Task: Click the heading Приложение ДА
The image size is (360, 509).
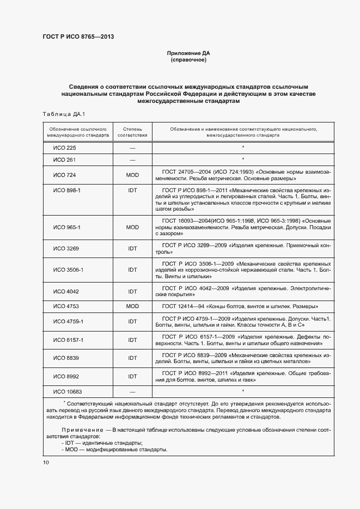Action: [188, 53]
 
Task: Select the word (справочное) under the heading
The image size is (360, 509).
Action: [188, 60]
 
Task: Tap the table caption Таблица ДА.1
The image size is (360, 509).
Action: [60, 113]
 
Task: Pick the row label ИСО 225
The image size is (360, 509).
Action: [64, 148]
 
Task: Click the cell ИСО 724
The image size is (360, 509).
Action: [64, 175]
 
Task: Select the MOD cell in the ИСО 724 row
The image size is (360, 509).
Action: [132, 175]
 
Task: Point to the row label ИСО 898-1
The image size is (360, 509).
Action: [66, 191]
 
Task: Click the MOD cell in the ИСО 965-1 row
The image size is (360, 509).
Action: [132, 227]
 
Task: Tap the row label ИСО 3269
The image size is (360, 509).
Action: [65, 248]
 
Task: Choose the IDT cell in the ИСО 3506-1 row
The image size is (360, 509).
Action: [132, 269]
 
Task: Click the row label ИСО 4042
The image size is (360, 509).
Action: [65, 291]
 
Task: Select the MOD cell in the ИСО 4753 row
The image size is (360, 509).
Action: [132, 306]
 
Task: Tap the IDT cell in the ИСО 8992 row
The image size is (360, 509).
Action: [132, 376]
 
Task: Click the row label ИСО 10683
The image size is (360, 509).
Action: [66, 391]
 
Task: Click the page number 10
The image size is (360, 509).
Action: [46, 462]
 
